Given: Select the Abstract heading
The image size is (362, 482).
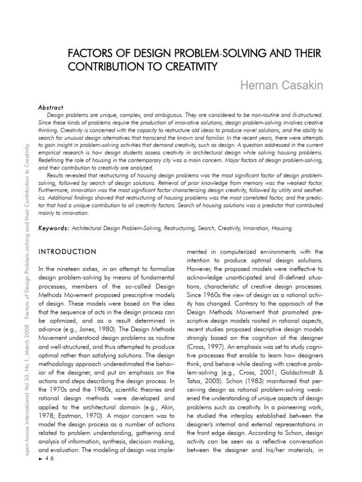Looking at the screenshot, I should tap(51, 108).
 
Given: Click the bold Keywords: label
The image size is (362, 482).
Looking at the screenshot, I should tap(54, 228).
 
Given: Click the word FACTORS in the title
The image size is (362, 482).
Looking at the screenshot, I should tap(89, 53).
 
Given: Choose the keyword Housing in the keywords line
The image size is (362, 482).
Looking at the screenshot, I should tap(281, 228).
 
